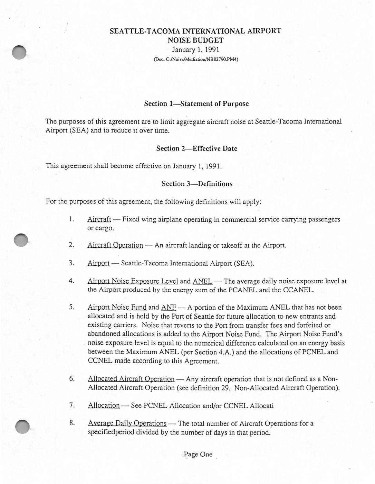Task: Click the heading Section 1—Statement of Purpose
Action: tap(196, 104)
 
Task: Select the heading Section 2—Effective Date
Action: tap(196, 149)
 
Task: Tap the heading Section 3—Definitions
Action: tap(197, 184)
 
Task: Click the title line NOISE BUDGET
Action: tap(195, 40)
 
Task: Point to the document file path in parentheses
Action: tap(196, 59)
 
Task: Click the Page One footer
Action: tap(198, 454)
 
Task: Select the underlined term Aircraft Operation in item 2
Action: tap(115, 246)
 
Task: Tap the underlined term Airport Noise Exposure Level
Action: tap(133, 281)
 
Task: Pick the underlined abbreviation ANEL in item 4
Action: tap(202, 281)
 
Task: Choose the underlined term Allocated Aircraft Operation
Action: tap(131, 379)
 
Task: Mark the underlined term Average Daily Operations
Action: tap(127, 423)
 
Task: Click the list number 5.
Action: tap(71, 307)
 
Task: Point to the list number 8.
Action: tap(72, 423)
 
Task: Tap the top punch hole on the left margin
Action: tap(19, 52)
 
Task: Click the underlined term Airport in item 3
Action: tap(98, 264)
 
